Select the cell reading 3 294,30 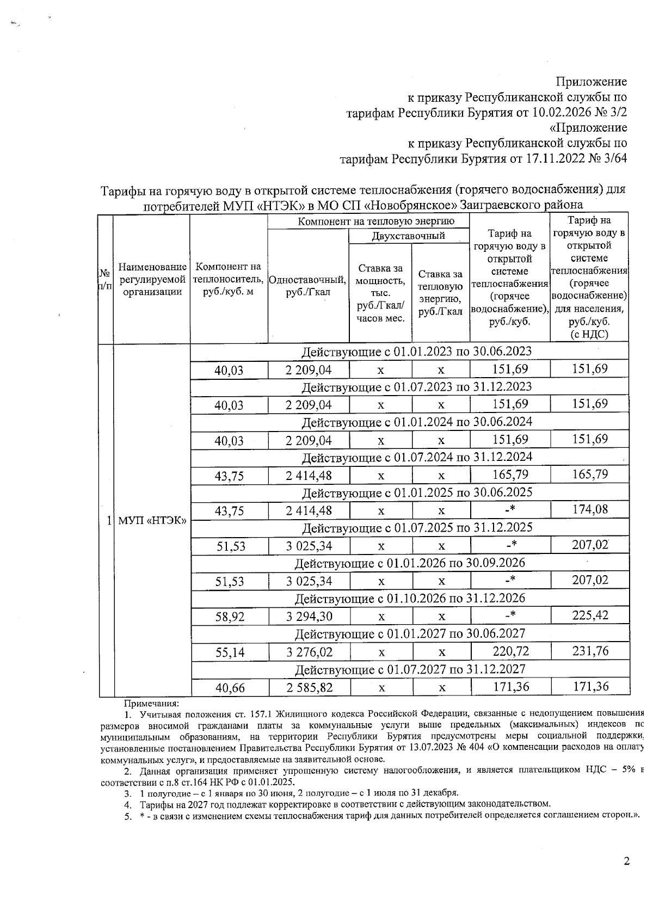[309, 617]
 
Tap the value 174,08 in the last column [590, 509]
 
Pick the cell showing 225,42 [590, 615]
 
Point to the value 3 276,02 [309, 652]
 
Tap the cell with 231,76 [590, 651]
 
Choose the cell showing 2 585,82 [309, 687]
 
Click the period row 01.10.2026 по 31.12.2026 [410, 598]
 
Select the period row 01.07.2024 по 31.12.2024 [410, 457]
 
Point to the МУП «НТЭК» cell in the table [152, 520]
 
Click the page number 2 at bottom [626, 861]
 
